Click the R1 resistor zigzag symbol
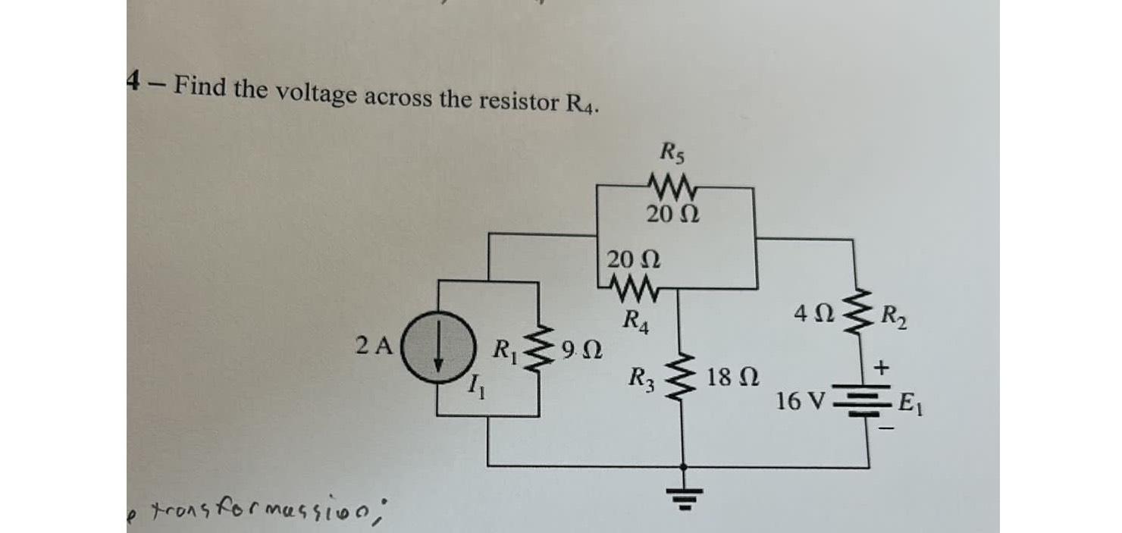[539, 353]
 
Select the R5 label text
[670, 155]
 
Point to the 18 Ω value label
[729, 377]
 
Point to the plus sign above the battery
[881, 368]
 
